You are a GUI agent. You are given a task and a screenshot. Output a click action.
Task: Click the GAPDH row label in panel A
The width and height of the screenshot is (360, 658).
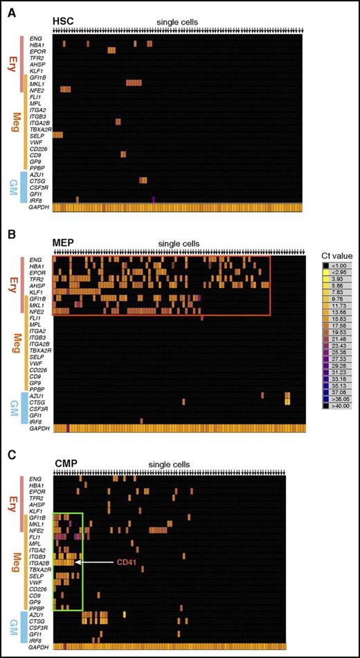(38, 207)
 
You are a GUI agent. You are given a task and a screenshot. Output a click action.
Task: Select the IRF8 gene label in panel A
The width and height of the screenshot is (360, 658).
(38, 199)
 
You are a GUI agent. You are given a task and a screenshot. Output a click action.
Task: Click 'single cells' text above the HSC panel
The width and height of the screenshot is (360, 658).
(179, 22)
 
